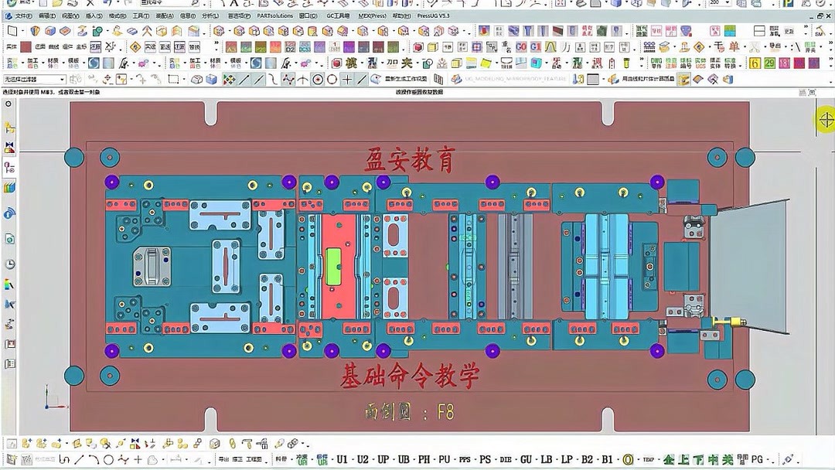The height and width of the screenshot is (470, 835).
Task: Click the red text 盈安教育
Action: coord(408,160)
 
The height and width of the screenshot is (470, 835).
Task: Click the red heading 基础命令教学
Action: coord(410,376)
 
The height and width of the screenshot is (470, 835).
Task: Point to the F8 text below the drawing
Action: coord(445,412)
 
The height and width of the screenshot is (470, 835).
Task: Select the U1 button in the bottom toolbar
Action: coord(342,459)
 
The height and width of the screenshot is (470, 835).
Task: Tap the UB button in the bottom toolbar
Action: coord(404,459)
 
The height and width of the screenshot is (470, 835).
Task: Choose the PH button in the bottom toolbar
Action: coord(424,459)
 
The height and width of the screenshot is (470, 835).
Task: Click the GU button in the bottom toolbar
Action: coord(527,459)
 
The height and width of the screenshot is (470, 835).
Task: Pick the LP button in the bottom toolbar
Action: coord(567,459)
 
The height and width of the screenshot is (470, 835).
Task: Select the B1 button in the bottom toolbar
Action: coord(607,459)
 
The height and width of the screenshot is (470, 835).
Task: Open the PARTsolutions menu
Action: coord(275,15)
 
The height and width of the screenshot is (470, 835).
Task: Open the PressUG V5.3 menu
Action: coord(434,15)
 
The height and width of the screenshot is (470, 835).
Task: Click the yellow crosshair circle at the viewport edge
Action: coord(826,119)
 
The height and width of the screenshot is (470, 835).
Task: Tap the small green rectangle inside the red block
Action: coord(334,265)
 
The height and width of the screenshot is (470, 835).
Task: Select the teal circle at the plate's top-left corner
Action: coord(74,157)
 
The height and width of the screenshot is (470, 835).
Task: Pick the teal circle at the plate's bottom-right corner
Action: coord(745,379)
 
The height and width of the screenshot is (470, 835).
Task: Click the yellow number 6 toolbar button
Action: coord(755,63)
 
